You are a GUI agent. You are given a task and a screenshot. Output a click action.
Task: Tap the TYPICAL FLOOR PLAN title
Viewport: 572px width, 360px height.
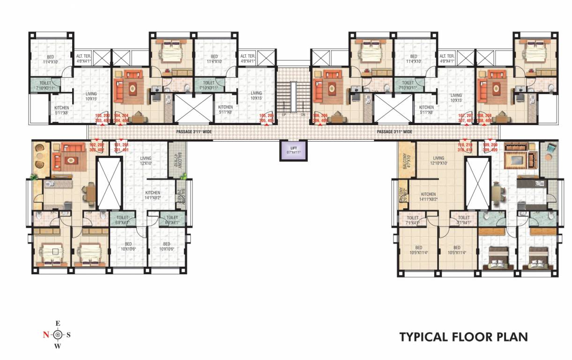coord(463,337)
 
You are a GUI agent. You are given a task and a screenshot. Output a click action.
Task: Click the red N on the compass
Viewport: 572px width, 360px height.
coord(46,335)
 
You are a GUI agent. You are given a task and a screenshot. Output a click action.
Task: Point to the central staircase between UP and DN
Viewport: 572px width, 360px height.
coord(293,96)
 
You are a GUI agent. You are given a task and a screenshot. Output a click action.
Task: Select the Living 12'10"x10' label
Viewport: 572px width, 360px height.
coord(438,161)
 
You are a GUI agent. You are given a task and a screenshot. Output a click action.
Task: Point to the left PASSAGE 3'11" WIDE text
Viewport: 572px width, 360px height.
coord(194,132)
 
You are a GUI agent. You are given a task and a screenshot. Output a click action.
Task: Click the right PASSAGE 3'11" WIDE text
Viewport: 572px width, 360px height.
coord(394,132)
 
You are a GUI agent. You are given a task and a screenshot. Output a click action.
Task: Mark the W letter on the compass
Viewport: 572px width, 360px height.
coord(58,346)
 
